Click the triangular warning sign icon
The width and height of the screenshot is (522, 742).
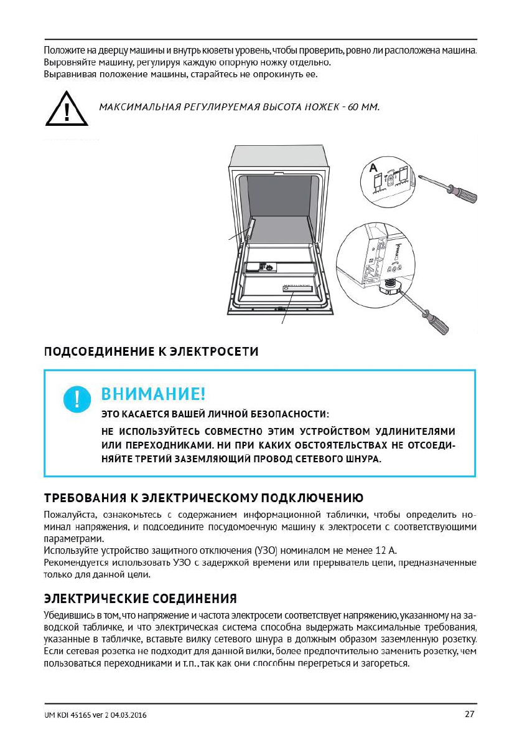[66, 110]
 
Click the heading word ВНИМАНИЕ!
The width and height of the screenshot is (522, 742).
[153, 394]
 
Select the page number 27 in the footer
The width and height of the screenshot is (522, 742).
[470, 714]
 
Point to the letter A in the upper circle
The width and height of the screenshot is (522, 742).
[373, 168]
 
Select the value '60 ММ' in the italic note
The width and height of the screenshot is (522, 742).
[363, 107]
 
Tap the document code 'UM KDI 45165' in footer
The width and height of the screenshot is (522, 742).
[71, 715]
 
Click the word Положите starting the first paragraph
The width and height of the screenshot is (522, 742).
[64, 49]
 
